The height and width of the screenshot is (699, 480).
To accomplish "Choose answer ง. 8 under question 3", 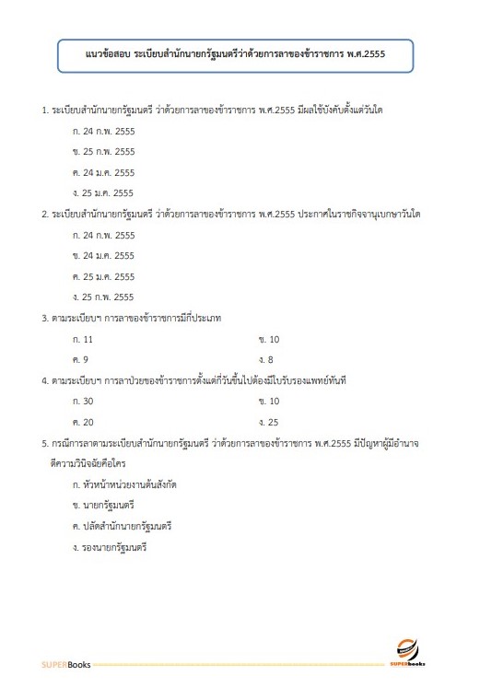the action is [266, 359].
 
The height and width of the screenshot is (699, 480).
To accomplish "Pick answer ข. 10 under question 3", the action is [269, 339].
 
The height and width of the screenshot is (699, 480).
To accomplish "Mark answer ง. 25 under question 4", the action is [269, 422].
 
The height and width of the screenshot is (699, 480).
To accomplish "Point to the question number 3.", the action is [44, 319].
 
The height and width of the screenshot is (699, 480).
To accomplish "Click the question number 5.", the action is [44, 443].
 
